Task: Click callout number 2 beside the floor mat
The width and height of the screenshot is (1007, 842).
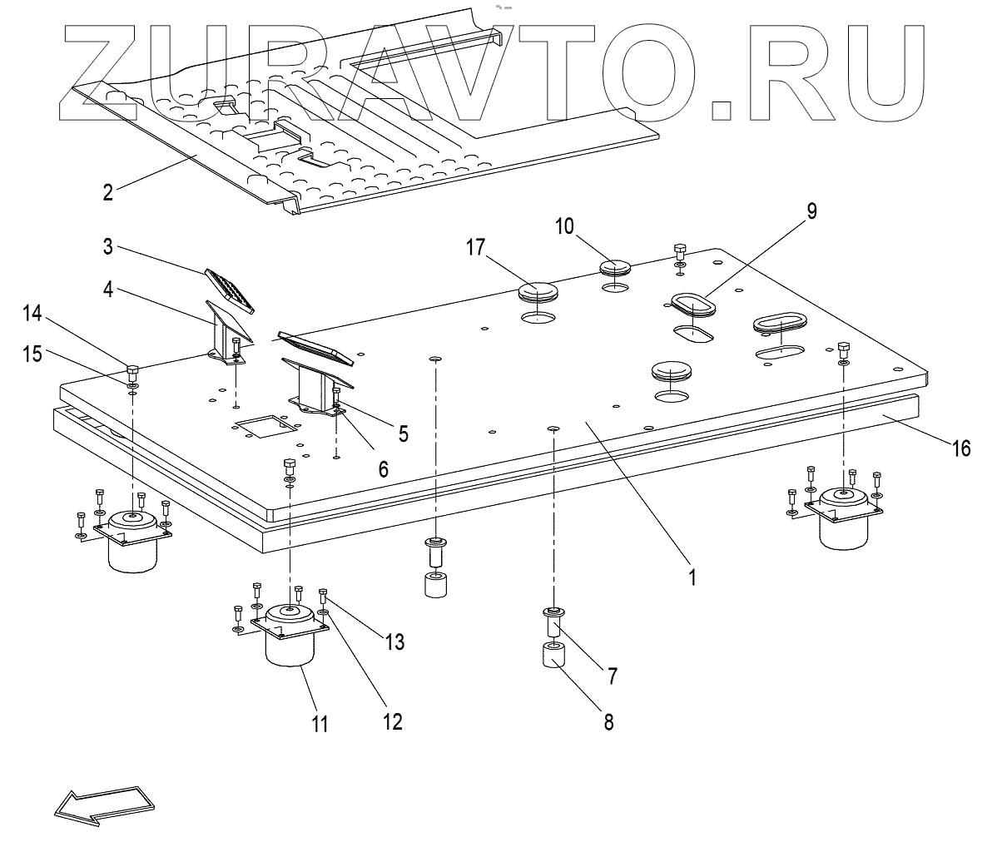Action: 107,192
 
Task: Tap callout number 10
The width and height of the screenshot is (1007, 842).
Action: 565,226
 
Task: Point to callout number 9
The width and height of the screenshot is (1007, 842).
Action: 811,210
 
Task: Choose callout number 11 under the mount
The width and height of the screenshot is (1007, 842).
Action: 320,723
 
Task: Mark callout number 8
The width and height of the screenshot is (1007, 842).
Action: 608,721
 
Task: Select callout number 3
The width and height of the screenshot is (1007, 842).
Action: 107,247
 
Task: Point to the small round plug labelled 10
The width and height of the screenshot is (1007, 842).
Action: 615,268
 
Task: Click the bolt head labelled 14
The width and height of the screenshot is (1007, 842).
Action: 132,371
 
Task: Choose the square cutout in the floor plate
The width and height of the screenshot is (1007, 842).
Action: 265,428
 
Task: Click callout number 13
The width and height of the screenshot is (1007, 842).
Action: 394,641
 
